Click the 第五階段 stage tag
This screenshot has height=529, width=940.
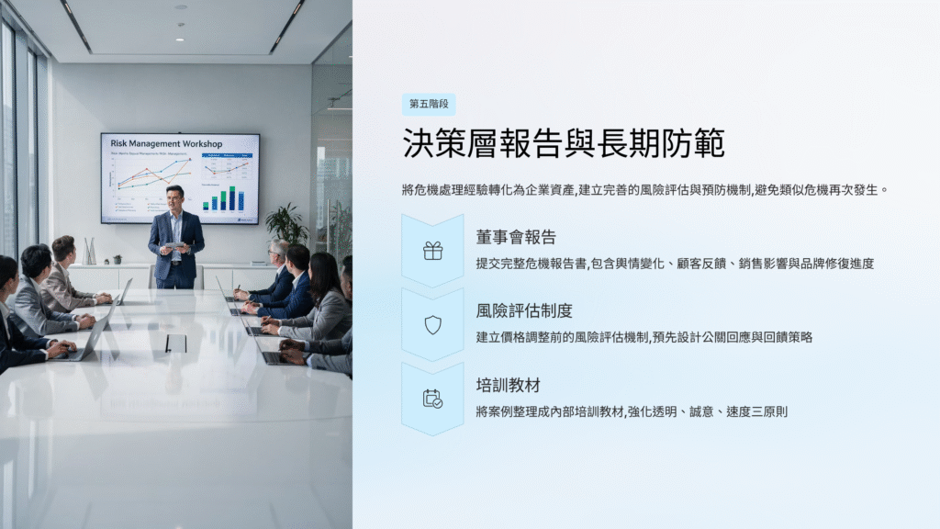click(429, 105)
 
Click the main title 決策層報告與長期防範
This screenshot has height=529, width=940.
click(563, 143)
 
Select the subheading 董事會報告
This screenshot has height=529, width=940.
click(516, 237)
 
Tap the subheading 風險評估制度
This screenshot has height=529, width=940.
click(524, 310)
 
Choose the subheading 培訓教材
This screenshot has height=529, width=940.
click(509, 385)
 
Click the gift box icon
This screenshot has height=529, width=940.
click(433, 251)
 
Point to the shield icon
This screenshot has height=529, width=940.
click(433, 325)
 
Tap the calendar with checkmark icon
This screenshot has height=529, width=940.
click(433, 399)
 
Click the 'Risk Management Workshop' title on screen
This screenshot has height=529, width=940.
click(166, 144)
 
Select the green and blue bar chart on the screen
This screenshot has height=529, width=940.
click(224, 198)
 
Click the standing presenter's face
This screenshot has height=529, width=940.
click(174, 198)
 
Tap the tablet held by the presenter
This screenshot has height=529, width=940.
click(173, 244)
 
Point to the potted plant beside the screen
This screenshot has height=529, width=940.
click(287, 225)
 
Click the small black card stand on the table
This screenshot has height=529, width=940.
click(175, 343)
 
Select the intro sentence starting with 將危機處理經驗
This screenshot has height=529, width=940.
click(645, 190)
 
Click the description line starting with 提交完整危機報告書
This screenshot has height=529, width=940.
click(675, 264)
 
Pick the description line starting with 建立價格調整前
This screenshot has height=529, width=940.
click(644, 337)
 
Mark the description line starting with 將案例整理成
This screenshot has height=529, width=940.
click(632, 411)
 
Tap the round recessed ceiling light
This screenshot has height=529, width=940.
click(180, 39)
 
